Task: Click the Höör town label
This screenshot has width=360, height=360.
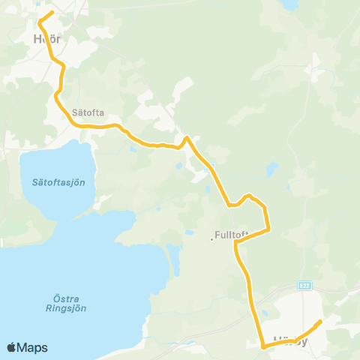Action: (46, 38)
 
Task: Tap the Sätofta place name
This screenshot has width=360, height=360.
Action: (87, 113)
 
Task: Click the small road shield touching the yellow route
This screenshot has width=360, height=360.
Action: (211, 166)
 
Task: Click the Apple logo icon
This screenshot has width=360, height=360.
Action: (12, 347)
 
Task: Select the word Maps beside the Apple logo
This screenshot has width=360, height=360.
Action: (33, 347)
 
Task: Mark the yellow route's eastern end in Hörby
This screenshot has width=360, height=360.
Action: (320, 322)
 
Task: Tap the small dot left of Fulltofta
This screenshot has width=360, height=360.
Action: (211, 240)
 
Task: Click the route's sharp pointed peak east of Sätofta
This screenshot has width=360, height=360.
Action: (187, 137)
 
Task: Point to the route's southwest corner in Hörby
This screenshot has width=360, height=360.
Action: (262, 346)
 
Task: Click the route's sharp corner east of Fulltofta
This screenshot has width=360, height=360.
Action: (268, 229)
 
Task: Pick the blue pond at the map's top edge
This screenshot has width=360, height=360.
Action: (289, 4)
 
